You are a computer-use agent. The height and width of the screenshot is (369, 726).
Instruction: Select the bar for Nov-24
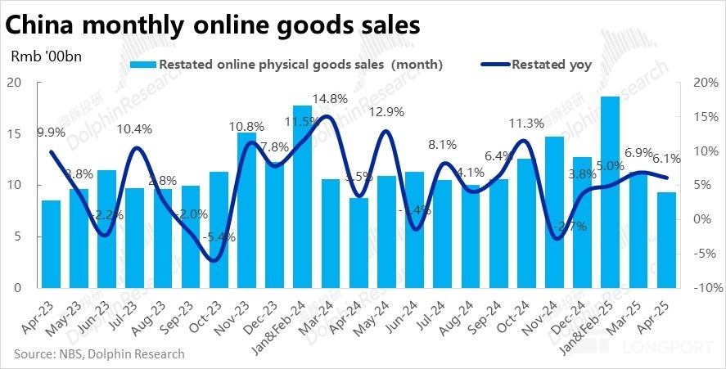tap(554, 212)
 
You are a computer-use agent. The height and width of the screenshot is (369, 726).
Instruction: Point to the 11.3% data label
tap(526, 124)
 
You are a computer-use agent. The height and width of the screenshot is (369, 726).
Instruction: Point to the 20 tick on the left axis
tap(13, 82)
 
